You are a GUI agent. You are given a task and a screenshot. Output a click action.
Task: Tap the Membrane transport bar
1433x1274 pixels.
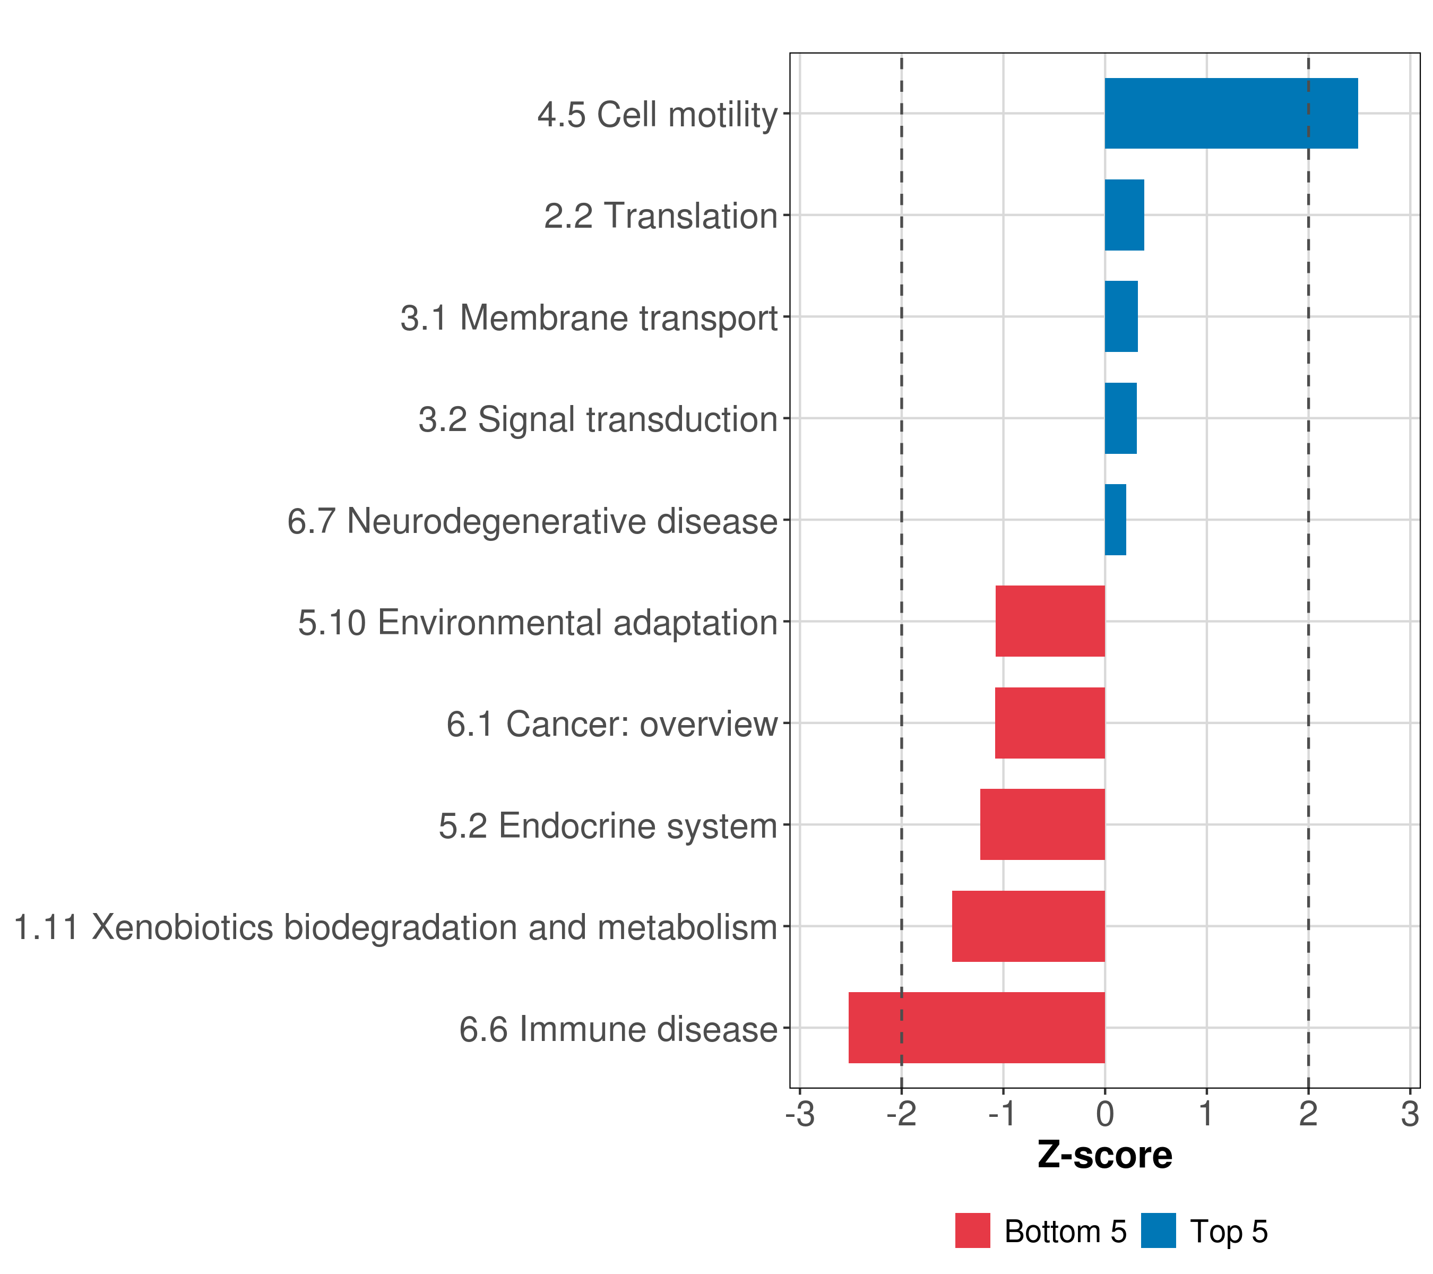pyautogui.click(x=1121, y=316)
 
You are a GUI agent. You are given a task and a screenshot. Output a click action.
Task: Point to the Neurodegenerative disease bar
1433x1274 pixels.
pyautogui.click(x=1116, y=520)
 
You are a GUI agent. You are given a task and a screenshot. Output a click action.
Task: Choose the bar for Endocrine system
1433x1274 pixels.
pyautogui.click(x=1042, y=824)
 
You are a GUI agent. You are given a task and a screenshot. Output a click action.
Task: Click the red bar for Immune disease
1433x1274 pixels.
pyautogui.click(x=976, y=1028)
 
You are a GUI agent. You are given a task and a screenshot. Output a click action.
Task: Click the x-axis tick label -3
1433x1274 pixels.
pyautogui.click(x=799, y=1114)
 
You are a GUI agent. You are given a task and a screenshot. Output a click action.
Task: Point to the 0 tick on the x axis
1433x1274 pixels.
pyautogui.click(x=1105, y=1114)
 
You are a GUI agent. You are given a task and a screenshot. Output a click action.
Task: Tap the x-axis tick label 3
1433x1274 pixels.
pyautogui.click(x=1410, y=1114)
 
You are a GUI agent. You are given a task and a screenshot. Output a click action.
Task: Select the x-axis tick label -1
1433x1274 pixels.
pyautogui.click(x=1003, y=1114)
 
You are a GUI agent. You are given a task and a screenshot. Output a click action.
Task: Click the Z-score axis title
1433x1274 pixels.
pyautogui.click(x=1105, y=1156)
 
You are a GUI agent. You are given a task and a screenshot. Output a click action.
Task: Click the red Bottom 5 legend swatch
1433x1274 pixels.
pyautogui.click(x=972, y=1230)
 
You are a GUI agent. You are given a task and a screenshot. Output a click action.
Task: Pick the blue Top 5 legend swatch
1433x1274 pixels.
pyautogui.click(x=1158, y=1230)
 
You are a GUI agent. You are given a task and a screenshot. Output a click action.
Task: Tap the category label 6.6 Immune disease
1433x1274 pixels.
pyautogui.click(x=618, y=1030)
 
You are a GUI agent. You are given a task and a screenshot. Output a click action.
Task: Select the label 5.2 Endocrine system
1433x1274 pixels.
pyautogui.click(x=608, y=826)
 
